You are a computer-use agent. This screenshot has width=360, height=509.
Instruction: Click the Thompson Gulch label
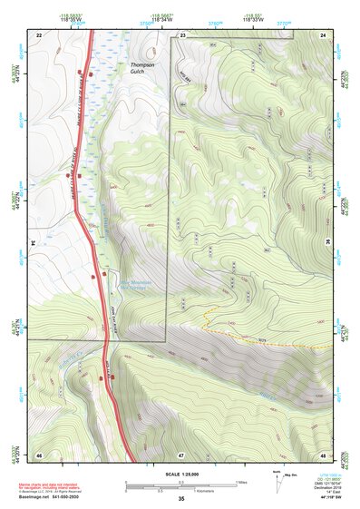click(143, 70)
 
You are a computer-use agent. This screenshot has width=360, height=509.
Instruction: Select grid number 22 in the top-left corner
click(39, 34)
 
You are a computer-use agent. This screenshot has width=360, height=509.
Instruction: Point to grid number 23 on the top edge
click(182, 34)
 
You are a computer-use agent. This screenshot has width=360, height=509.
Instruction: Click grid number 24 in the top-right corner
click(323, 34)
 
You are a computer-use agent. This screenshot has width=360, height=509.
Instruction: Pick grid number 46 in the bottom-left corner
click(39, 454)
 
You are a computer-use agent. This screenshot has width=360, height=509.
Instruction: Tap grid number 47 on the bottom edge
click(181, 454)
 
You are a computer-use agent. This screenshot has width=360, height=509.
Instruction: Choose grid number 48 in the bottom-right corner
click(323, 454)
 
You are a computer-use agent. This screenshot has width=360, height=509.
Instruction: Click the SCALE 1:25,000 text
click(180, 474)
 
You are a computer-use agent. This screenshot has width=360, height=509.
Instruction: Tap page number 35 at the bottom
click(180, 500)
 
